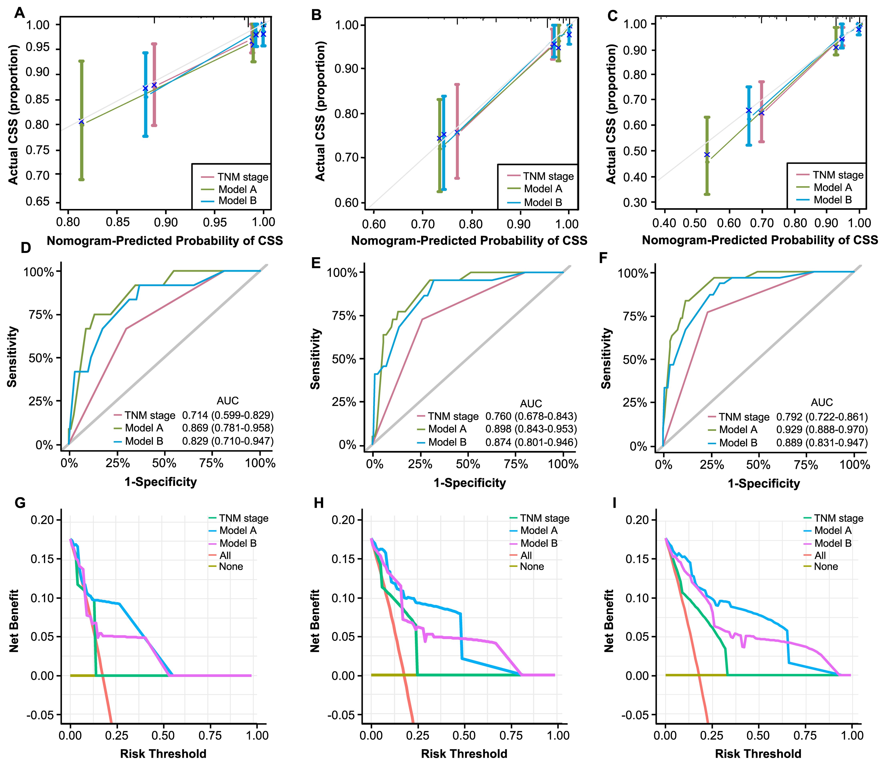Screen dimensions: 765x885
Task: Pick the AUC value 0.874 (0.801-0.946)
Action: (531, 442)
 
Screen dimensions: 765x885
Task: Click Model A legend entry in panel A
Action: (237, 189)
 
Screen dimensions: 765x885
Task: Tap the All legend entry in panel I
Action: (820, 555)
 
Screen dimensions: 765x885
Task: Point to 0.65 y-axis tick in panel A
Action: (38, 202)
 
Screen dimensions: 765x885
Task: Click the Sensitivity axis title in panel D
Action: (12, 357)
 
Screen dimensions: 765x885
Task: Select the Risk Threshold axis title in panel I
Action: (758, 753)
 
